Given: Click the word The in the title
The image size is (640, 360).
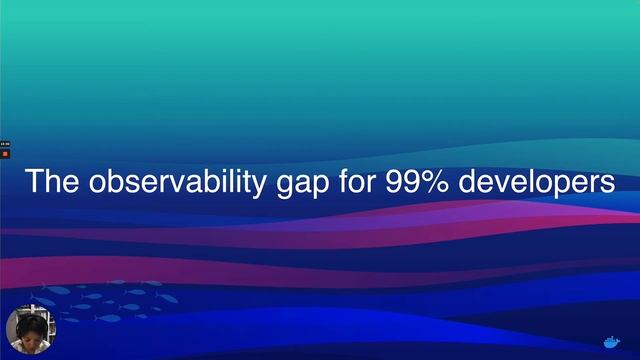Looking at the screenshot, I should pos(53,183).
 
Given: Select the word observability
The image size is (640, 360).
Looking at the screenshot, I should pos(176,183).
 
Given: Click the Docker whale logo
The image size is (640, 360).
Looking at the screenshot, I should pos(610,339).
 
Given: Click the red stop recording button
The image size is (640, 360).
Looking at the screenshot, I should pos(5,154).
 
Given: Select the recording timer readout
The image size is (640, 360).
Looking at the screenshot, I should pos(5,144).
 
